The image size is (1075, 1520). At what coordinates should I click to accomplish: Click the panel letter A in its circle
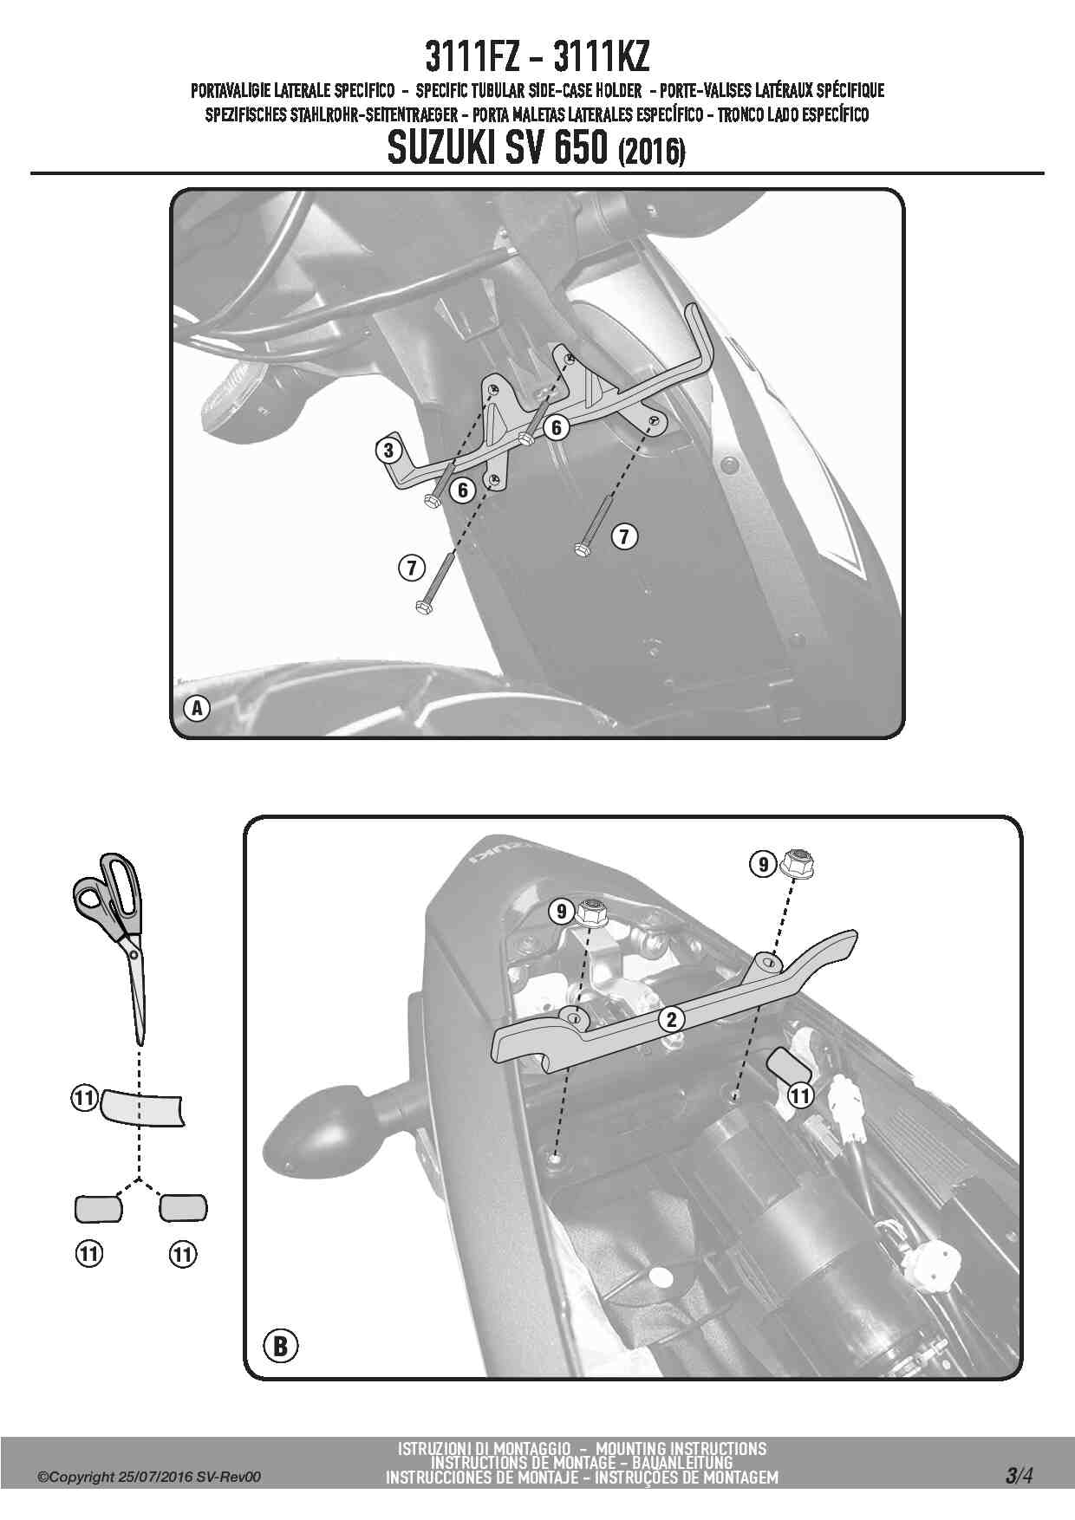click(x=198, y=708)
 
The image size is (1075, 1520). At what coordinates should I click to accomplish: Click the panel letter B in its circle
click(x=280, y=1346)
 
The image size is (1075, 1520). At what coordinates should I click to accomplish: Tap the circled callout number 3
click(x=389, y=450)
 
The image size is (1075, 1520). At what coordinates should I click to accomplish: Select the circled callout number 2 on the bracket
click(x=671, y=1019)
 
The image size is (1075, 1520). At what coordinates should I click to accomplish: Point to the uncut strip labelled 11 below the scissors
click(x=143, y=1108)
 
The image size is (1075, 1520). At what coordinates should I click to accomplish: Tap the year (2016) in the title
click(x=651, y=153)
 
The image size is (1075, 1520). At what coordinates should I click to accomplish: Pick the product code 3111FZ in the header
click(x=473, y=58)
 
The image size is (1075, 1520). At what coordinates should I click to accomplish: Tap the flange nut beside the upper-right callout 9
click(x=797, y=863)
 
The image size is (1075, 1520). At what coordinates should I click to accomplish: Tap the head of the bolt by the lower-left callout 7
click(x=423, y=607)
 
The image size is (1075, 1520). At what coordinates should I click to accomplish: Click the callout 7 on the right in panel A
click(x=624, y=536)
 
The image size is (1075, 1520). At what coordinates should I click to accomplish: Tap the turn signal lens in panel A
click(x=238, y=393)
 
